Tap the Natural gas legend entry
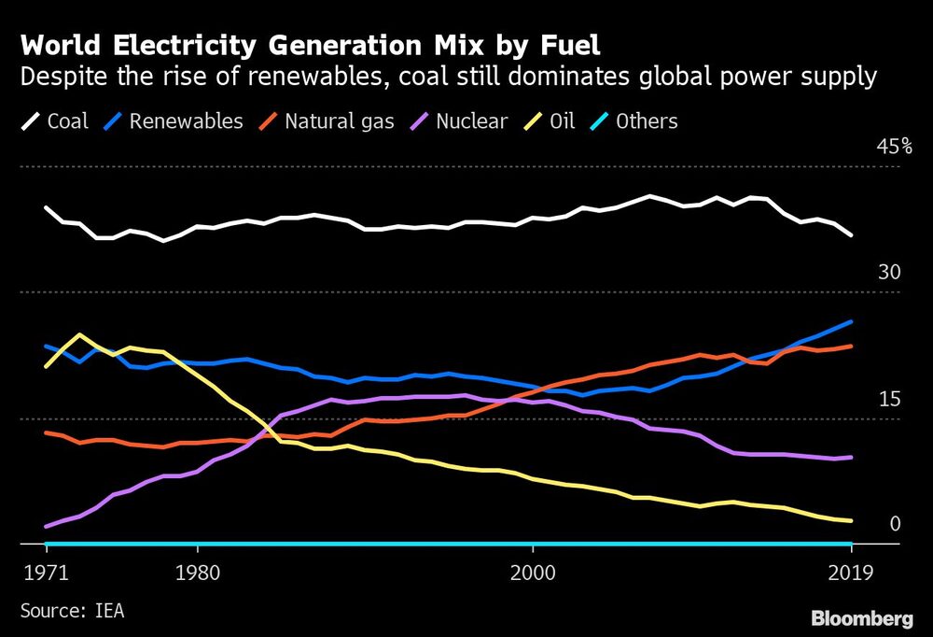[327, 121]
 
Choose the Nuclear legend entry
[463, 121]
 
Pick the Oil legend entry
[556, 121]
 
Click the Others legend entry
[634, 121]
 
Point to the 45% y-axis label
[893, 148]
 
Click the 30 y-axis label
[887, 273]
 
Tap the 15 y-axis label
[887, 399]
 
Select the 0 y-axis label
[894, 524]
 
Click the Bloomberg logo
[861, 618]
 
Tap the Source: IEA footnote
[72, 611]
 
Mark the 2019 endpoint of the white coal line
[851, 235]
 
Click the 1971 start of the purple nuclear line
[46, 527]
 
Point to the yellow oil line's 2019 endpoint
[851, 520]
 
